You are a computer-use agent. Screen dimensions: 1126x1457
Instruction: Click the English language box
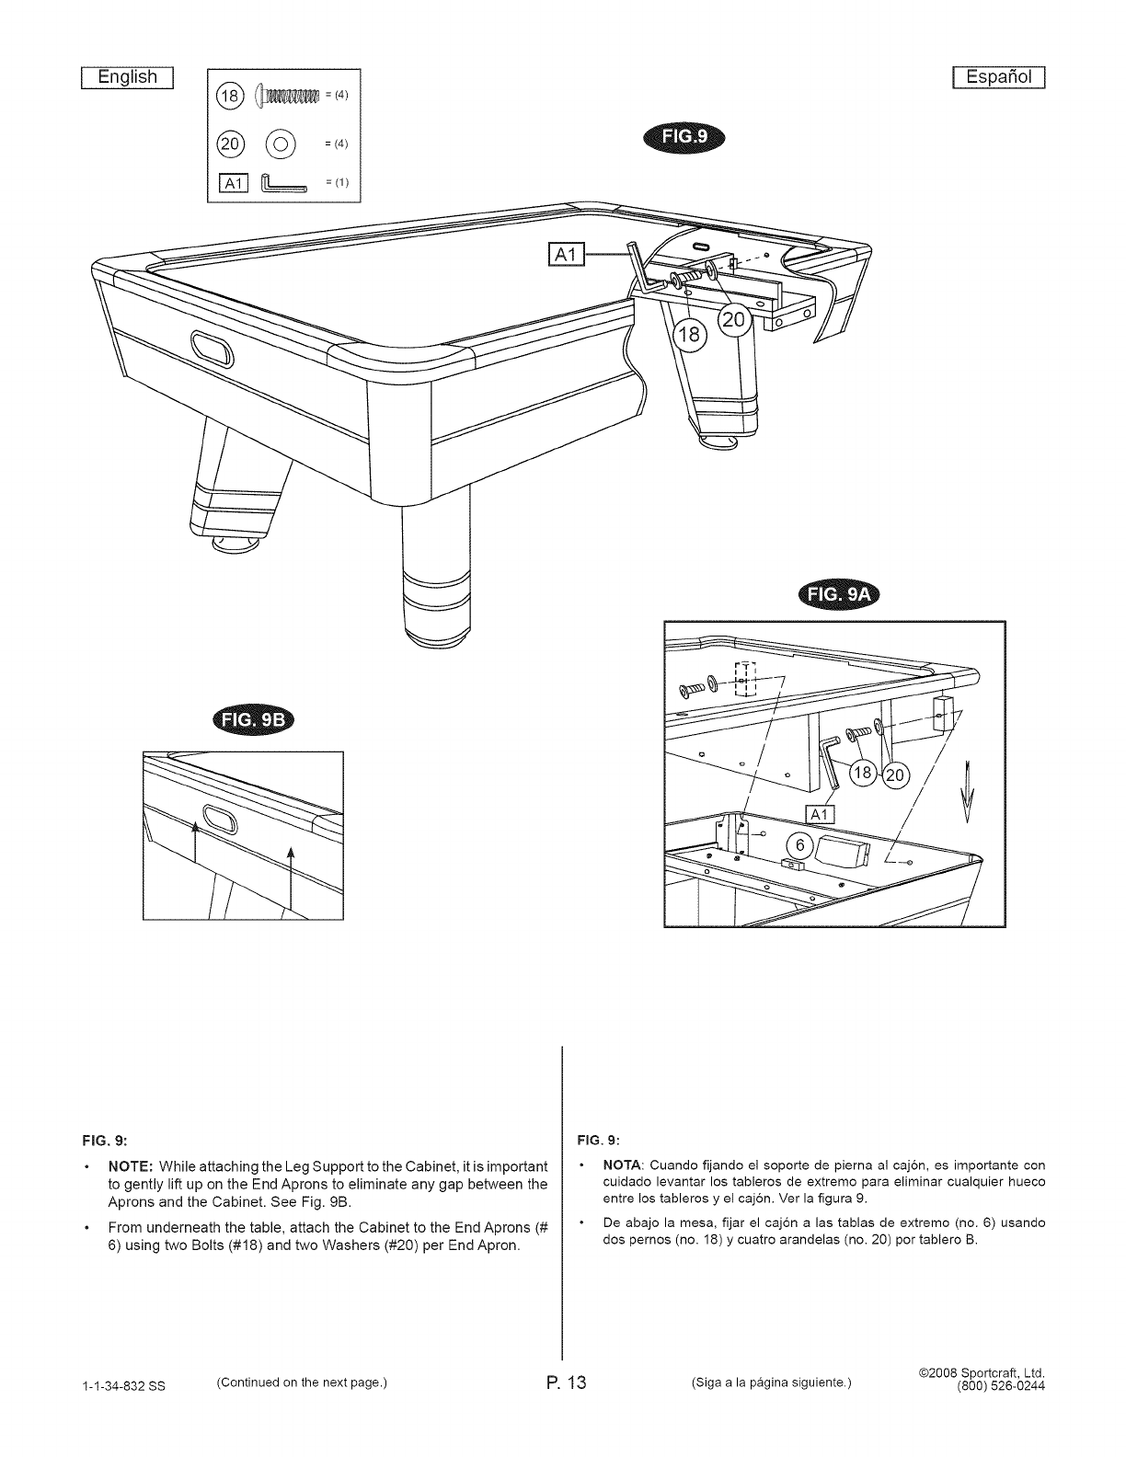(128, 78)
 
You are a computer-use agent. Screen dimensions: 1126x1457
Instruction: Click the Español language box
(998, 78)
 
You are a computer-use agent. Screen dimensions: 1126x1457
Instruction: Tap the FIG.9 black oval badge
(684, 137)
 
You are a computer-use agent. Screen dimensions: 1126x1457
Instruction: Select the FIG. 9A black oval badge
(839, 594)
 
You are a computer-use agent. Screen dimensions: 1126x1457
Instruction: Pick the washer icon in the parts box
(280, 144)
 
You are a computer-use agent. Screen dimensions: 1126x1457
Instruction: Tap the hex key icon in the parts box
(284, 182)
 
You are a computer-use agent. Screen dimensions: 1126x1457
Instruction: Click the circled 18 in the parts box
(229, 96)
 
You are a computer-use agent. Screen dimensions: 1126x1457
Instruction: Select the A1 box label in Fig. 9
(567, 254)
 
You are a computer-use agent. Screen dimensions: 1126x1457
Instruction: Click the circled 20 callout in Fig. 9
(735, 320)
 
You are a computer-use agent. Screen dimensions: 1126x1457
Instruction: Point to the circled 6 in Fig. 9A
(799, 846)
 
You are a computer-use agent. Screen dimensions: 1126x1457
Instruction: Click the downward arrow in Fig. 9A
(967, 792)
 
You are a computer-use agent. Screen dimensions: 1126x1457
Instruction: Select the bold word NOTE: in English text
(132, 1166)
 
